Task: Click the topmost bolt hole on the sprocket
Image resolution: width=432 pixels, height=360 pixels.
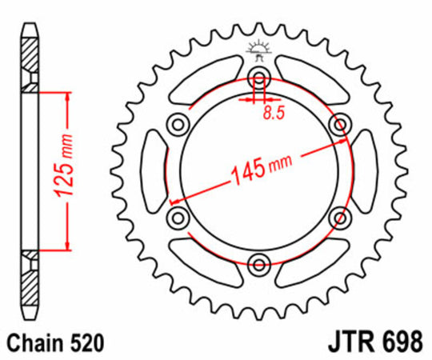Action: pos(259,77)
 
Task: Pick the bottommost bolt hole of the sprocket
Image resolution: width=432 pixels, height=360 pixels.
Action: pos(259,265)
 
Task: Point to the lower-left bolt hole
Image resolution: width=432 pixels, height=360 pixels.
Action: pos(177,218)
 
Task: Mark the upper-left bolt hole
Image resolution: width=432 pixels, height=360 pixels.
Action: pos(177,123)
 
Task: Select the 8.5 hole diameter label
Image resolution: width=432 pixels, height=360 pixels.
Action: pos(274,112)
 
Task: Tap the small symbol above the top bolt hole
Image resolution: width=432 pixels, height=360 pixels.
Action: pos(258,50)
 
